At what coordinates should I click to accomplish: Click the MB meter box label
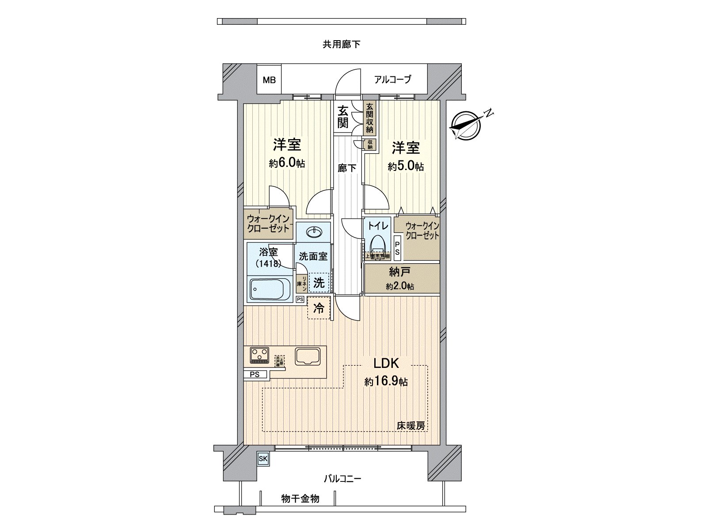tap(269, 80)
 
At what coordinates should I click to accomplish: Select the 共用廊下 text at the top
tap(341, 44)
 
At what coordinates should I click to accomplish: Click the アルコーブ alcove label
tap(392, 79)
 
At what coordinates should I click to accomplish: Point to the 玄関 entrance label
tap(342, 117)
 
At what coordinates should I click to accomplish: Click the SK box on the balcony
tap(263, 459)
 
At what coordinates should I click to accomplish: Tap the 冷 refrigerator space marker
tap(319, 309)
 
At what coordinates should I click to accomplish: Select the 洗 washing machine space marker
tap(319, 283)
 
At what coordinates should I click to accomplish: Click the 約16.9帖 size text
tap(386, 382)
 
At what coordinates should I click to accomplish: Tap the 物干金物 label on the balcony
tap(300, 499)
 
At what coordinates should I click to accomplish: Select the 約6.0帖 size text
tap(287, 163)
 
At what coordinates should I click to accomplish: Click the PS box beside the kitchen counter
tap(255, 375)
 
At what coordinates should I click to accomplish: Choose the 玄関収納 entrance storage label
tap(369, 118)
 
